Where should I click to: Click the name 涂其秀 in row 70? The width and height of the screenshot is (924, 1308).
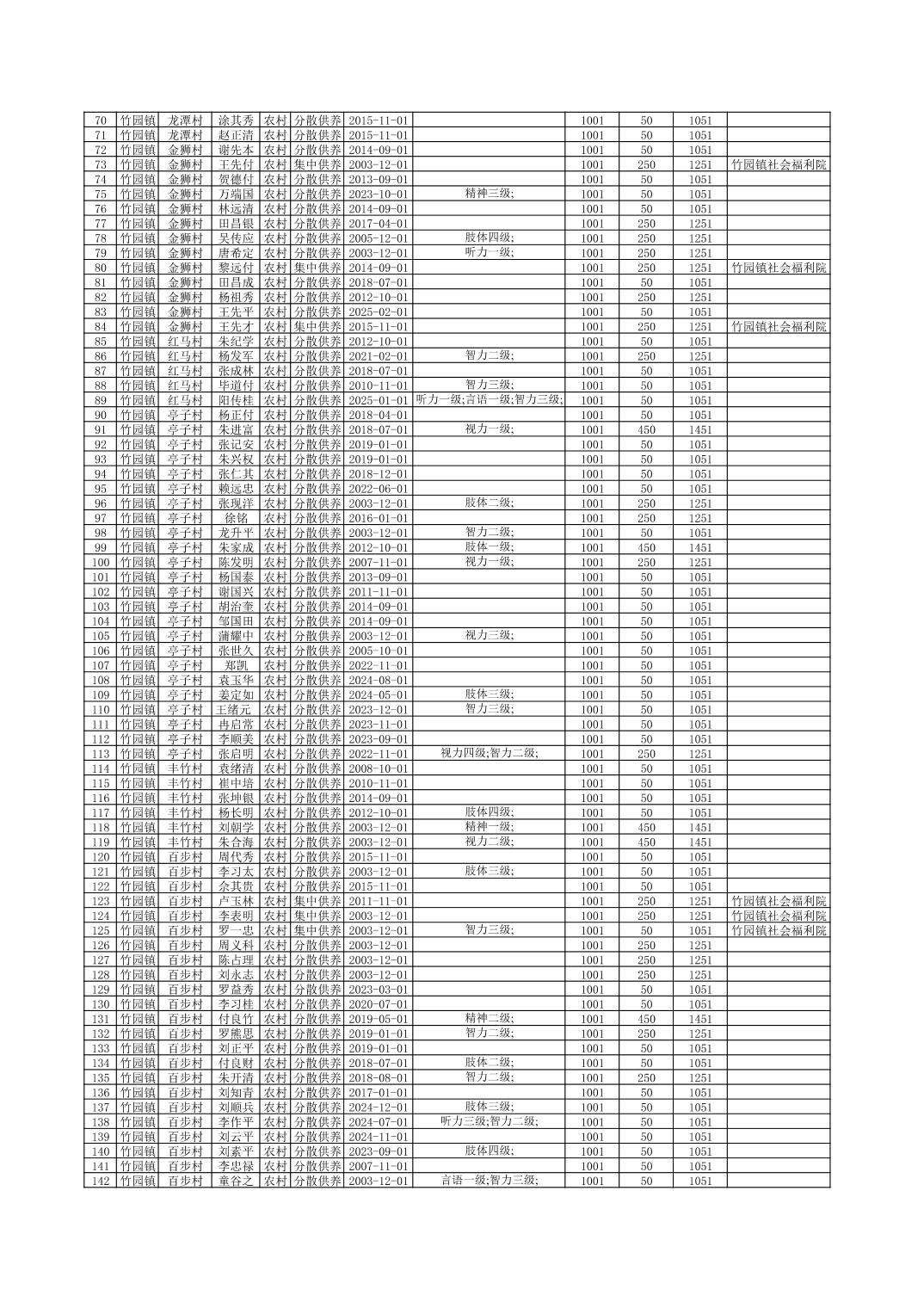click(x=236, y=120)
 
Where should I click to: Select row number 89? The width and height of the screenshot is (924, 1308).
click(x=101, y=400)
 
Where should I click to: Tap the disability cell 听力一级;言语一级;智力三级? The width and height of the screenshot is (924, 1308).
click(x=490, y=399)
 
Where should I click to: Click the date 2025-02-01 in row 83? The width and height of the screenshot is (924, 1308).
click(x=379, y=312)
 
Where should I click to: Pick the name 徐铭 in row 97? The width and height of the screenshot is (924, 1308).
click(x=236, y=518)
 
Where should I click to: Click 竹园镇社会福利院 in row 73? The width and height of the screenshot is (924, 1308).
click(x=779, y=164)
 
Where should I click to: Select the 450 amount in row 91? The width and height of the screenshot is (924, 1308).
click(x=646, y=429)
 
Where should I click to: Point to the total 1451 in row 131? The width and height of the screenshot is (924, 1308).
click(x=699, y=1019)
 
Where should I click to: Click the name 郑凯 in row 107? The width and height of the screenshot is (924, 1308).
click(x=236, y=665)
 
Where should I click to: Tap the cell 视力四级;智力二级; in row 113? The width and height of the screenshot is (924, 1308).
click(x=490, y=753)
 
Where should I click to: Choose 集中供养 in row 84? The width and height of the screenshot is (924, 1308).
click(x=317, y=326)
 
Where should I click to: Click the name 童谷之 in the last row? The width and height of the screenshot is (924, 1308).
click(x=236, y=1181)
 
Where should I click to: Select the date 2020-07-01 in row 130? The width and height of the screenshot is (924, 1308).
click(x=379, y=1004)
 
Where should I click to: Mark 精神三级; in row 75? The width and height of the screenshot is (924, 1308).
click(x=490, y=194)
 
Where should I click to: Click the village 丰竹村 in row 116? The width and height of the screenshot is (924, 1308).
click(x=185, y=798)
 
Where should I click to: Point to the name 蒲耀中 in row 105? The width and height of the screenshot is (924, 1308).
click(x=236, y=636)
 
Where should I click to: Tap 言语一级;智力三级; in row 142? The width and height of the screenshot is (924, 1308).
click(x=490, y=1180)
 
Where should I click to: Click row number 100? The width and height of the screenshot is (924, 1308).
click(x=101, y=562)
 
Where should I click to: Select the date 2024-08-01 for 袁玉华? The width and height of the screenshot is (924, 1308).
click(x=379, y=680)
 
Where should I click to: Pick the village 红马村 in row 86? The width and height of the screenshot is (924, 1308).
click(x=185, y=356)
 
